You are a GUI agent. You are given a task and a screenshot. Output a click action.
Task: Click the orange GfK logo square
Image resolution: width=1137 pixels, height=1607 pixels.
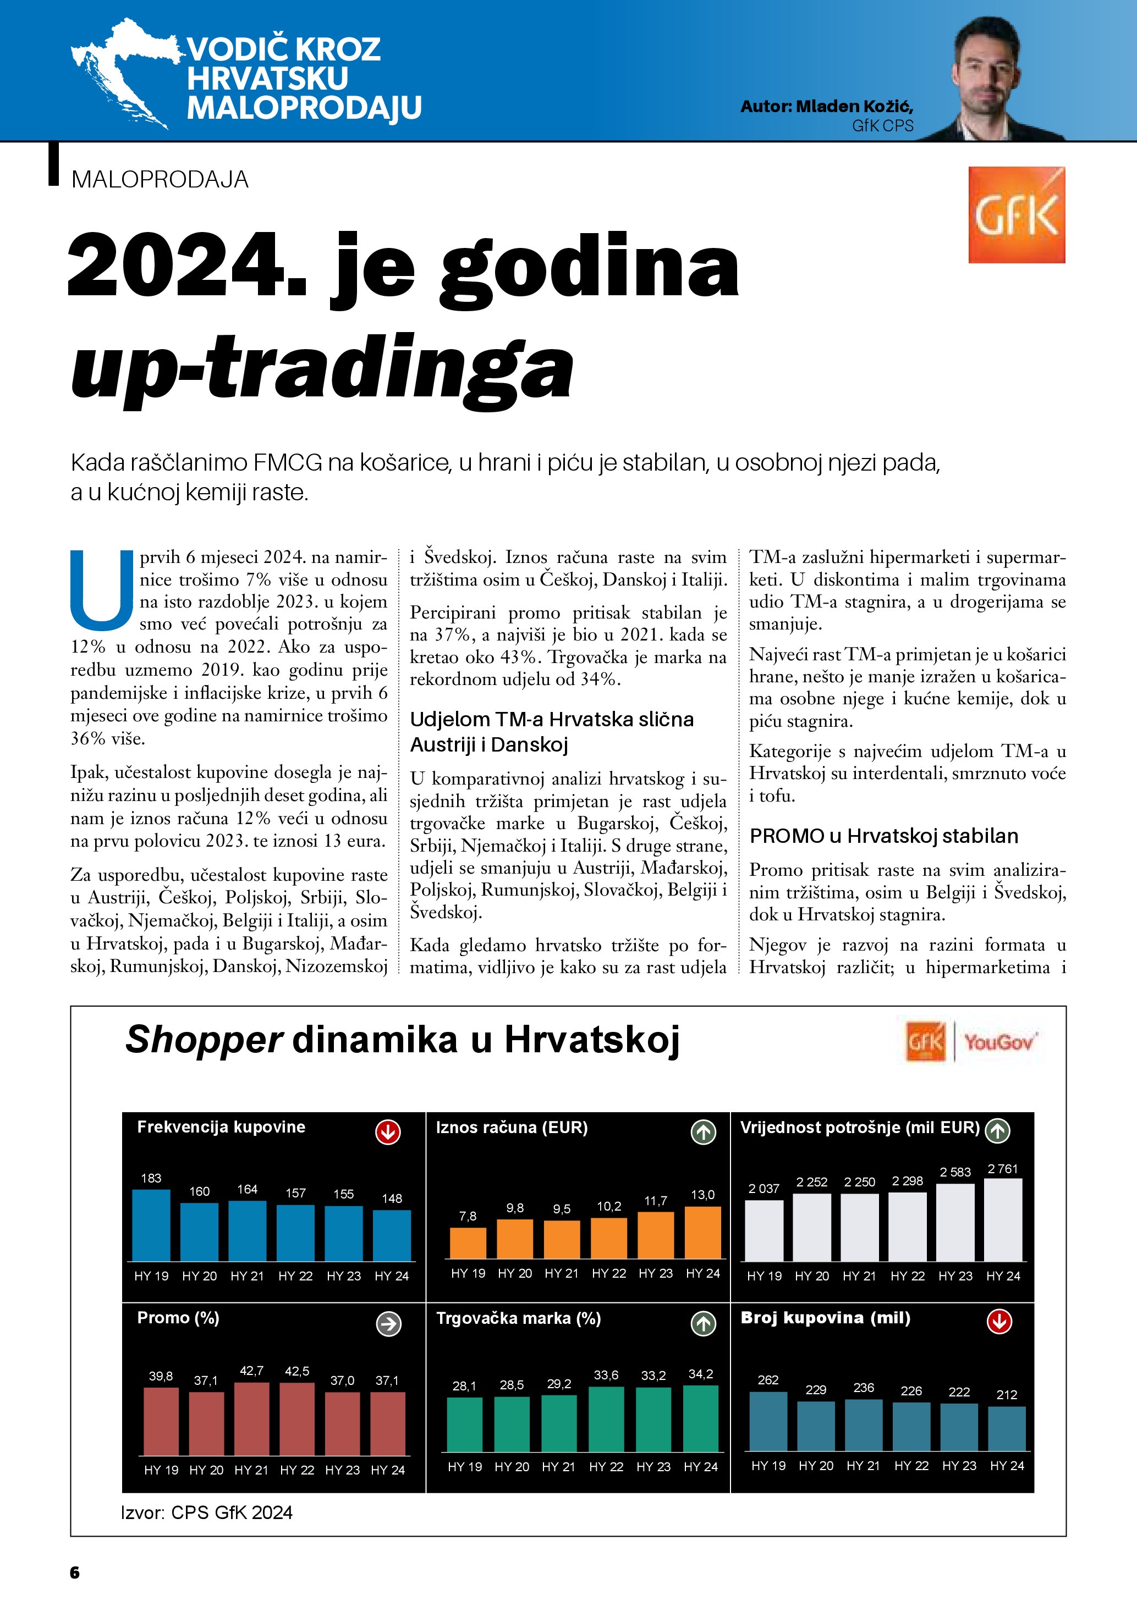pos(1016,215)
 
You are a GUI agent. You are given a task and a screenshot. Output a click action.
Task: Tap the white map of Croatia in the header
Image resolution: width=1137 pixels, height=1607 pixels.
pos(123,74)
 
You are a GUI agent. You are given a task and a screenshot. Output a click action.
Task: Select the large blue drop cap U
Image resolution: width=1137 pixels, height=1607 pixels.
pos(102,590)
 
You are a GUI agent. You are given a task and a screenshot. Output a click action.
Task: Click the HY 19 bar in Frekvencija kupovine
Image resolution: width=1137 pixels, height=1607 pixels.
pos(151,1225)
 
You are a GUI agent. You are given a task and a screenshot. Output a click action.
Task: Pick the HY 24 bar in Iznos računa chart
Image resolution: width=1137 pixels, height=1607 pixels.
pos(702,1233)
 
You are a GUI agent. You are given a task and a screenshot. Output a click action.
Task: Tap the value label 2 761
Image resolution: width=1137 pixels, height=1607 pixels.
pos(1003,1169)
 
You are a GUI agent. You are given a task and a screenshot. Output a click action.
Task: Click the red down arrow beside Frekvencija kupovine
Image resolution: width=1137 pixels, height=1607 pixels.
pos(388,1133)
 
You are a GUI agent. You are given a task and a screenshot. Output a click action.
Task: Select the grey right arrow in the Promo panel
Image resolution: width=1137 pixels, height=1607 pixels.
pos(388,1323)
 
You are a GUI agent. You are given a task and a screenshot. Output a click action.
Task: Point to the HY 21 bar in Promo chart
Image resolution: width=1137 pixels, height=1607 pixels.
pos(251,1419)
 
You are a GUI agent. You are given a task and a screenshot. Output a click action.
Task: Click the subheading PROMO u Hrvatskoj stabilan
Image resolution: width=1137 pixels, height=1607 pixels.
pos(883,836)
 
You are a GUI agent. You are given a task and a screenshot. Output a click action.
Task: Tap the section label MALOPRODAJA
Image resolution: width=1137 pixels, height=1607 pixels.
pos(160,179)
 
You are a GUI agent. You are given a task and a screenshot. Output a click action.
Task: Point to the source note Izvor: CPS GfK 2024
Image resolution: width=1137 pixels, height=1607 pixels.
pos(206,1512)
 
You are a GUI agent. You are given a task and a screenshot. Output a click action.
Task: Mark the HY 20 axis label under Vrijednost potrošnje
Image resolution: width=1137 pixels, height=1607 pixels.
pos(812,1276)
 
